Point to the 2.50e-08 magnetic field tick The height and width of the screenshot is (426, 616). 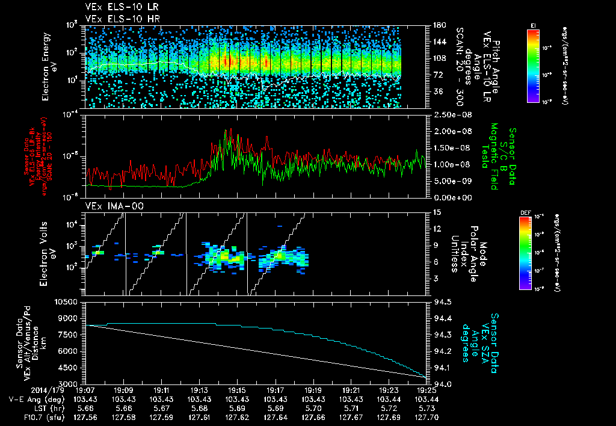(x=448, y=114)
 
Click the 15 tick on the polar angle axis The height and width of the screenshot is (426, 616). (x=436, y=212)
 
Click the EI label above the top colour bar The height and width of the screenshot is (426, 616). (x=533, y=25)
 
